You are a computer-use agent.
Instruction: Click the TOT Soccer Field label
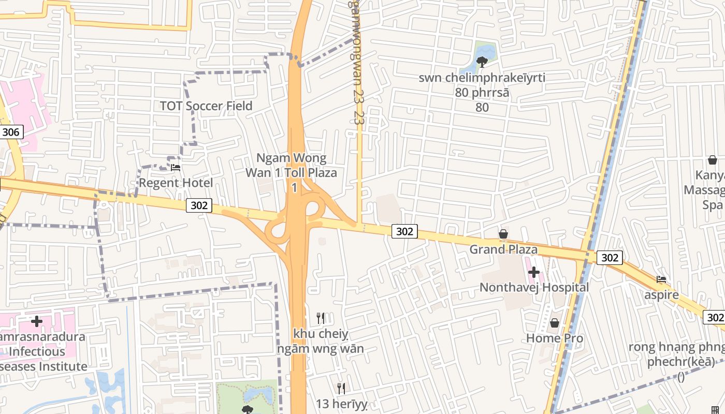206,106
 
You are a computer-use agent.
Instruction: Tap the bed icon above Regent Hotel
176,167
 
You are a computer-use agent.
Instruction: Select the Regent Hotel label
176,183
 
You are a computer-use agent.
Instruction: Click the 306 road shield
10,132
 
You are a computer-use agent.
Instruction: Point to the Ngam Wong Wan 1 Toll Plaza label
291,166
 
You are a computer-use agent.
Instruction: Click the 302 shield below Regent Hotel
199,205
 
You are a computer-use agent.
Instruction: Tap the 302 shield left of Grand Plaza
404,231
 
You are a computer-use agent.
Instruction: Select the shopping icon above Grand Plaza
503,234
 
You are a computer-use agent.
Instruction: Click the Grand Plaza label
503,249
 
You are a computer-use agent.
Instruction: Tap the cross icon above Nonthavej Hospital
533,272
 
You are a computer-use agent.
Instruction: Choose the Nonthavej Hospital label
534,287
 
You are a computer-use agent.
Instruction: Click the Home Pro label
555,338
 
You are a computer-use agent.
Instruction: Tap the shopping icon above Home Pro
555,323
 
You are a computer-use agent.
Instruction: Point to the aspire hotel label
661,295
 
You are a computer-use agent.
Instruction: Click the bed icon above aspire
661,280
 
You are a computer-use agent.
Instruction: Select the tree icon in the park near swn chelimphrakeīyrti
482,62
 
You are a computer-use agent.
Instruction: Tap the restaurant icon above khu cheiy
321,318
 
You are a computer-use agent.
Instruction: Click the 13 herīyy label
341,403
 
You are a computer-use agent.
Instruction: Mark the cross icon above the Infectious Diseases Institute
36,322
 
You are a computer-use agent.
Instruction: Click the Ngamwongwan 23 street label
355,62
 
